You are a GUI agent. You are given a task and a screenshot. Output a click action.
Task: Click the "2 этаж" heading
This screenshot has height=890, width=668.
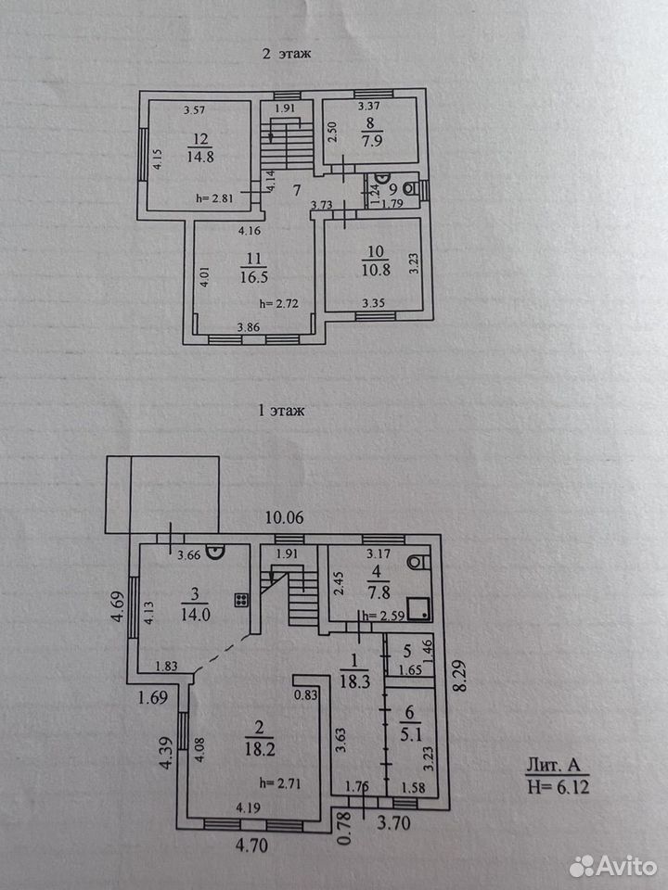pos(287,54)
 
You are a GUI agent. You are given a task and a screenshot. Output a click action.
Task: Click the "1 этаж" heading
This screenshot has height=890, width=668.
pos(281,411)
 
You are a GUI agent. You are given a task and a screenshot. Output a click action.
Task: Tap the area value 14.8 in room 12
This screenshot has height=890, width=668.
pos(200,157)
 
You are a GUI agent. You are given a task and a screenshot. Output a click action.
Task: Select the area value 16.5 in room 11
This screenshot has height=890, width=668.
pos(254,277)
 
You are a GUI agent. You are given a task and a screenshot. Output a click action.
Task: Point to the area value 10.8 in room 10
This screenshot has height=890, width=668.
pos(376,270)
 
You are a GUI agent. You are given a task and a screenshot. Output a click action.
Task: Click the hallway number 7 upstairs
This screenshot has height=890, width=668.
pos(297,190)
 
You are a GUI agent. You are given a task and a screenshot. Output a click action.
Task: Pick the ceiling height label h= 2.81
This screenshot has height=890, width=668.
pos(214,198)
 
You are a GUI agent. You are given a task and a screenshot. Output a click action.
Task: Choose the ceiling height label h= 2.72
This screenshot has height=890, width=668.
pos(279,304)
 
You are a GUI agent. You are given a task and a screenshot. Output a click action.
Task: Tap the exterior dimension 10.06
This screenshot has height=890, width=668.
pos(285,517)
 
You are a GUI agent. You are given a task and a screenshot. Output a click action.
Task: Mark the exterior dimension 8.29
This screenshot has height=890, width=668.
pos(459,674)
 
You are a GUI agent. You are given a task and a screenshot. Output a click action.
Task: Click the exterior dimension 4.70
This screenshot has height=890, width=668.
pos(251,845)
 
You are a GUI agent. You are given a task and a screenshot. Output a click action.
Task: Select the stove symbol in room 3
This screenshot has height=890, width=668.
pos(241,600)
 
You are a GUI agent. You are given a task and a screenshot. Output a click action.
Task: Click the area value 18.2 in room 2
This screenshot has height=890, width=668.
pos(261,749)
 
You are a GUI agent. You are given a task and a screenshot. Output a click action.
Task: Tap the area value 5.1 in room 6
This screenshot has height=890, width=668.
pos(411,735)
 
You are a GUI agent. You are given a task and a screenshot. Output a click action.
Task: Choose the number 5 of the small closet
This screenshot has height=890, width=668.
pos(407,651)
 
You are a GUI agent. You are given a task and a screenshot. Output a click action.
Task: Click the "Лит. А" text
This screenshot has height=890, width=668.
pos(554,765)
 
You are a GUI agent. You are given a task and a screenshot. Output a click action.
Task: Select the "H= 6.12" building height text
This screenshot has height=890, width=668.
pos(559,787)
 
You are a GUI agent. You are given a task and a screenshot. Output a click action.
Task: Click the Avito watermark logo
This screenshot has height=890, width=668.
pos(613,866)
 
